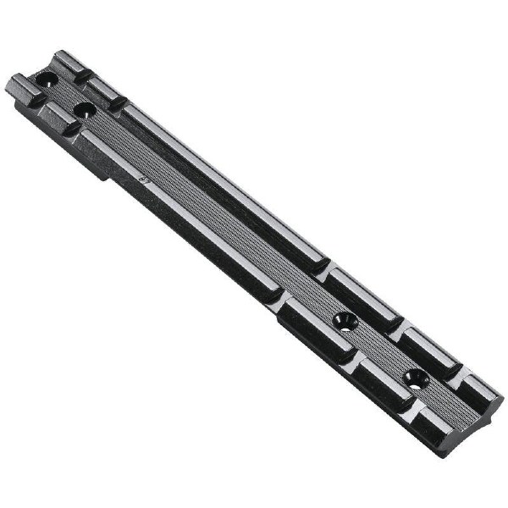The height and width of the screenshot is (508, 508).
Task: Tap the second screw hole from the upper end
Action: (85, 109)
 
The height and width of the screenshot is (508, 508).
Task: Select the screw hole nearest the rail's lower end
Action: (413, 378)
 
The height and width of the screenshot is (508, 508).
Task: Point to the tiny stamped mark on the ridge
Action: (145, 179)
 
